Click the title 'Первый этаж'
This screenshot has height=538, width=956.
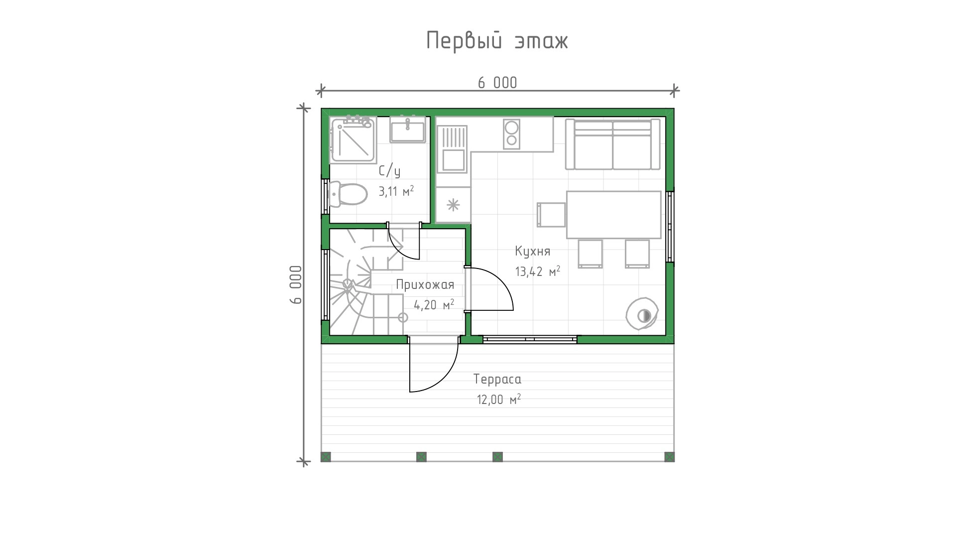497,41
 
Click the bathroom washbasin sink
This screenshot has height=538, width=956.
407,130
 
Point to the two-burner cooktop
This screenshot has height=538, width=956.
511,134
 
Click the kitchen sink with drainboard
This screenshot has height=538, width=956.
452,149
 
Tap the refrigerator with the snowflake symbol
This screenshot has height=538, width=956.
453,204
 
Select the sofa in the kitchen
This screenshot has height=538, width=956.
612,144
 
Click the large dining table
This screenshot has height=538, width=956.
613,215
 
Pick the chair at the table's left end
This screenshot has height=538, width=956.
551,215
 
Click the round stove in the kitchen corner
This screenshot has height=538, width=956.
642,314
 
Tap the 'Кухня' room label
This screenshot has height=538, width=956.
533,251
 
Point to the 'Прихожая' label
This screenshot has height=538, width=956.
425,284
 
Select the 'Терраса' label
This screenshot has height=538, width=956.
497,380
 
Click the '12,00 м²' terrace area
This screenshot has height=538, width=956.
499,400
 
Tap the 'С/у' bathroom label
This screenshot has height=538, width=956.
389,171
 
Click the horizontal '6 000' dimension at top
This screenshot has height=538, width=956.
497,83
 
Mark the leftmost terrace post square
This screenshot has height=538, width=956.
326,457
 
